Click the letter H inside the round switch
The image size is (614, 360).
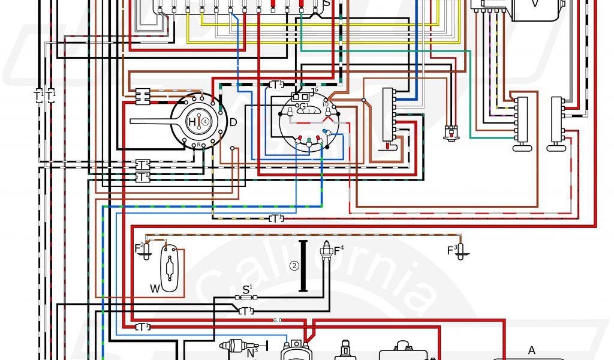[x=192, y=122]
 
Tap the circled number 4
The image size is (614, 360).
[x=206, y=121]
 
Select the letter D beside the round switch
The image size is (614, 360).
[x=233, y=123]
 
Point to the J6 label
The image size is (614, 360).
[x=314, y=89]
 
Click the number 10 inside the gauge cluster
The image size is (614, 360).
[x=326, y=104]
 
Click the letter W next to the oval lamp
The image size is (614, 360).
[x=155, y=289]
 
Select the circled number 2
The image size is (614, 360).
[x=294, y=266]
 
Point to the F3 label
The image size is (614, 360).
[x=452, y=250]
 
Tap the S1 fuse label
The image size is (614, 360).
[x=246, y=289]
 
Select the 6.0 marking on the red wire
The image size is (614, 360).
[x=278, y=320]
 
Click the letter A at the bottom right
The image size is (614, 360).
[x=531, y=350]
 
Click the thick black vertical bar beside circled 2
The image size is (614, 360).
[x=303, y=266]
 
